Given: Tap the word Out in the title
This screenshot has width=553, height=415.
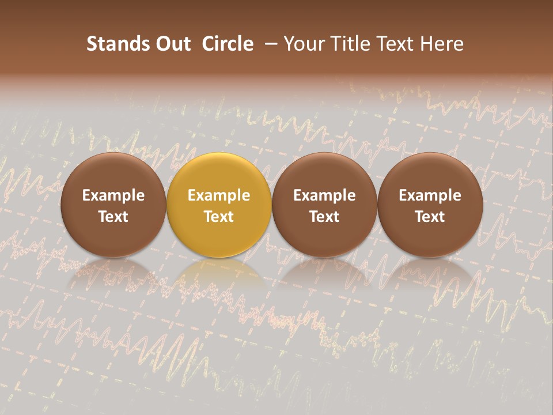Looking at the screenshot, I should coord(172,44).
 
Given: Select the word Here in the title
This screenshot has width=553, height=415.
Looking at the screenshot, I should coord(441,44).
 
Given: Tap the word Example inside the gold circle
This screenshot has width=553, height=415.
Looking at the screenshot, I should coord(219,195).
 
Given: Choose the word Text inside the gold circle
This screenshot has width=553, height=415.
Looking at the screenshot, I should coord(219,217).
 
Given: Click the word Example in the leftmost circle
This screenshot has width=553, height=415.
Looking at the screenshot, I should coord(113,195).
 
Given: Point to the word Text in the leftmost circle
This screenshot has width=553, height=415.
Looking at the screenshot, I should coord(113,217).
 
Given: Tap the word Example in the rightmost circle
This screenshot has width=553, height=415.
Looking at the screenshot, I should coord(430,195).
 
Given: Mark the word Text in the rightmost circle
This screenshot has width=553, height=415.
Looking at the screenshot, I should coord(430,217).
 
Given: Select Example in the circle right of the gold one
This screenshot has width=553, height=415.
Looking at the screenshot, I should coord(324,195).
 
